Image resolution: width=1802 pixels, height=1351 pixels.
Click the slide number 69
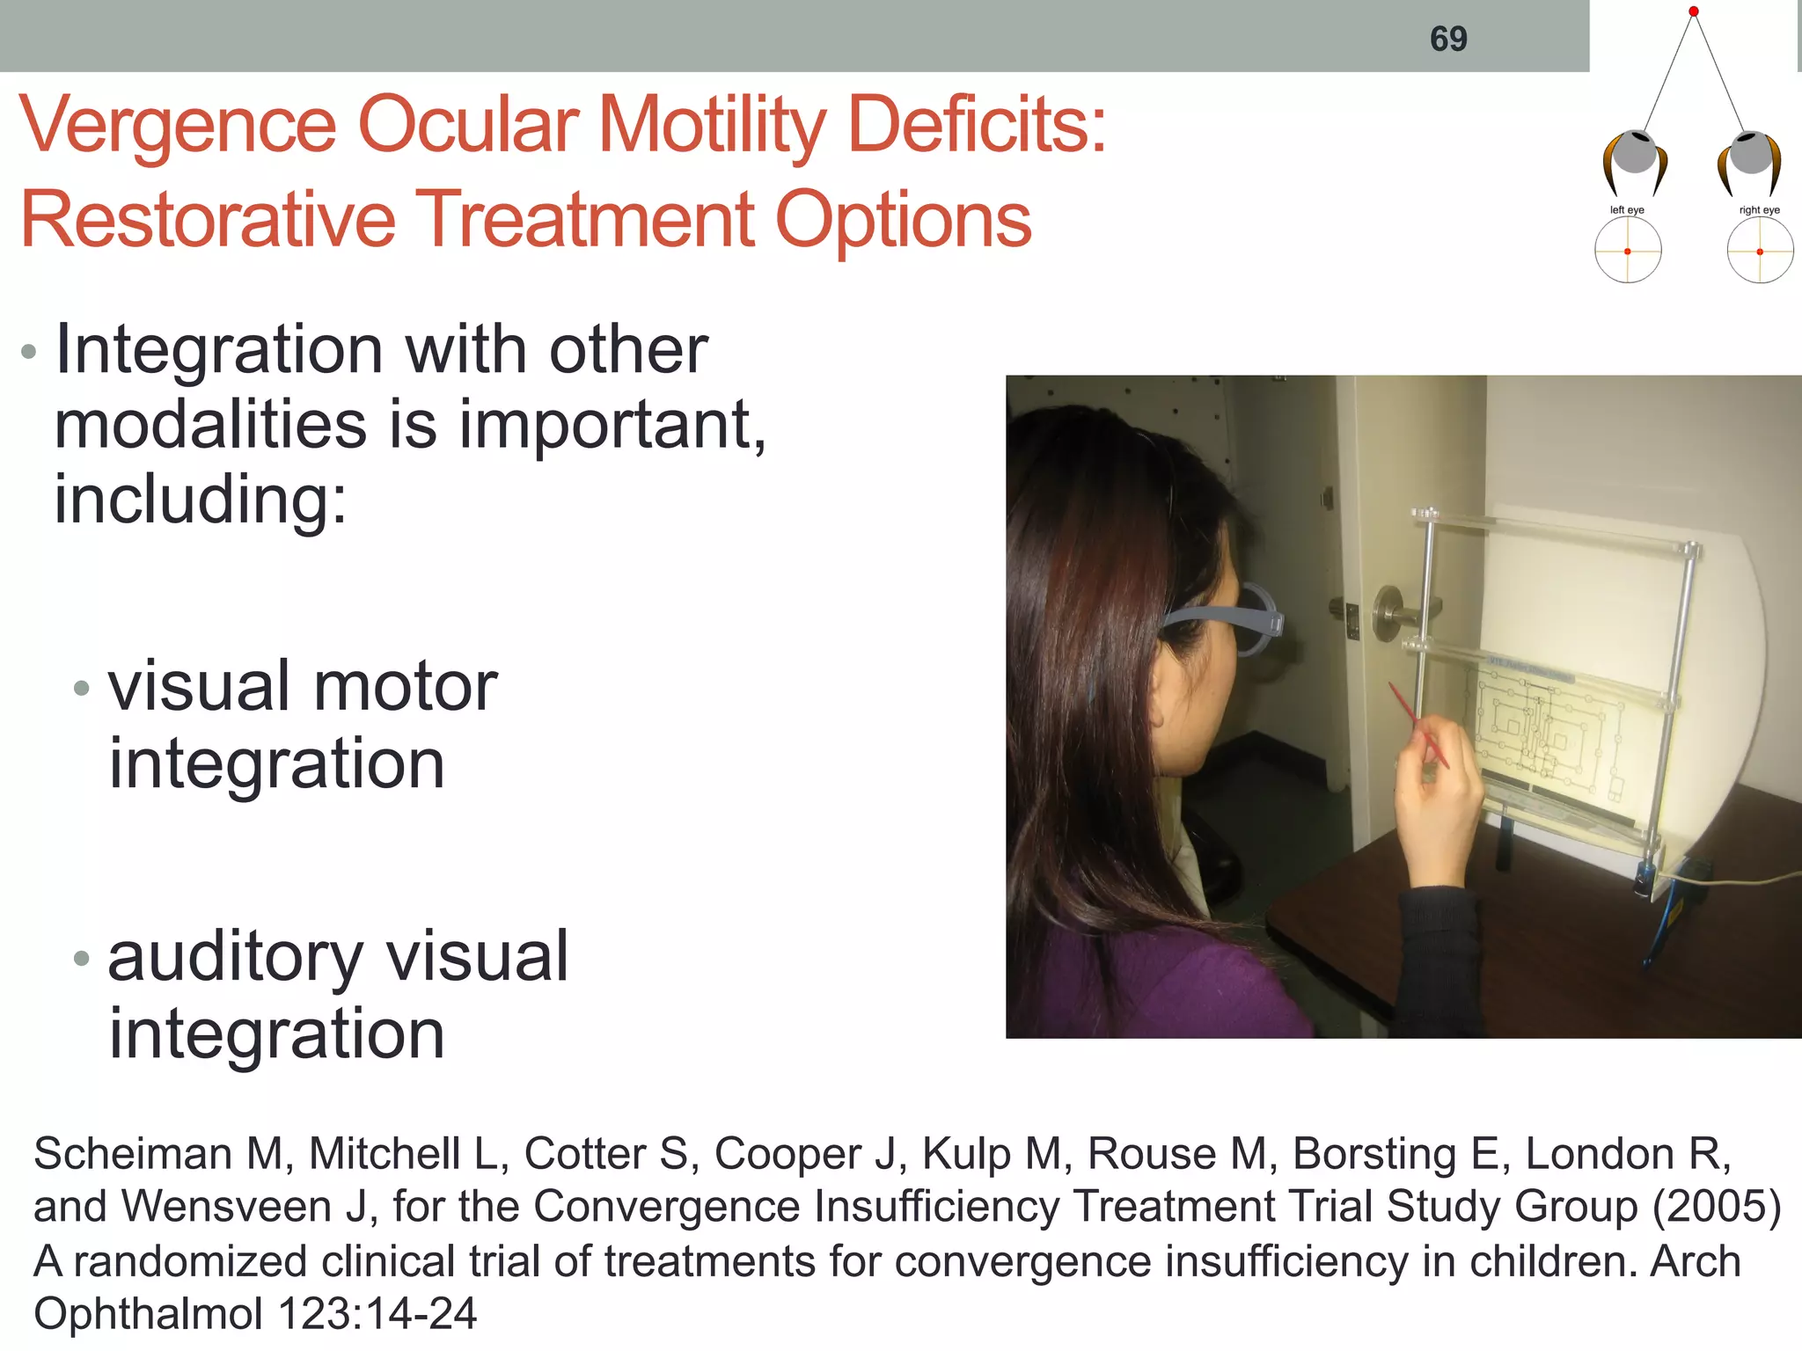coord(1448,39)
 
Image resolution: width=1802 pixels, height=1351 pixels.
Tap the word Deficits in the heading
coord(976,126)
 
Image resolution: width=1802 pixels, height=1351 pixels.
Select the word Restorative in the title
coord(208,220)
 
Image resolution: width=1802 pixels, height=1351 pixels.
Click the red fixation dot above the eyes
coord(1693,11)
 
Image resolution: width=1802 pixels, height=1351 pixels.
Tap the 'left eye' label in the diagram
coord(1627,210)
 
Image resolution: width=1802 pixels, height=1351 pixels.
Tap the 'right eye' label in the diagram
coord(1759,210)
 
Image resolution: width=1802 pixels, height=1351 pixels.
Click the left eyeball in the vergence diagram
coord(1635,153)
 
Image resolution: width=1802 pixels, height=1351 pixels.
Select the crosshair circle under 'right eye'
coord(1760,252)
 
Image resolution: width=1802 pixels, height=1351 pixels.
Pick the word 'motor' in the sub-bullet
coord(405,687)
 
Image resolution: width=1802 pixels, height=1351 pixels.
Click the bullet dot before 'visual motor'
coord(82,689)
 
